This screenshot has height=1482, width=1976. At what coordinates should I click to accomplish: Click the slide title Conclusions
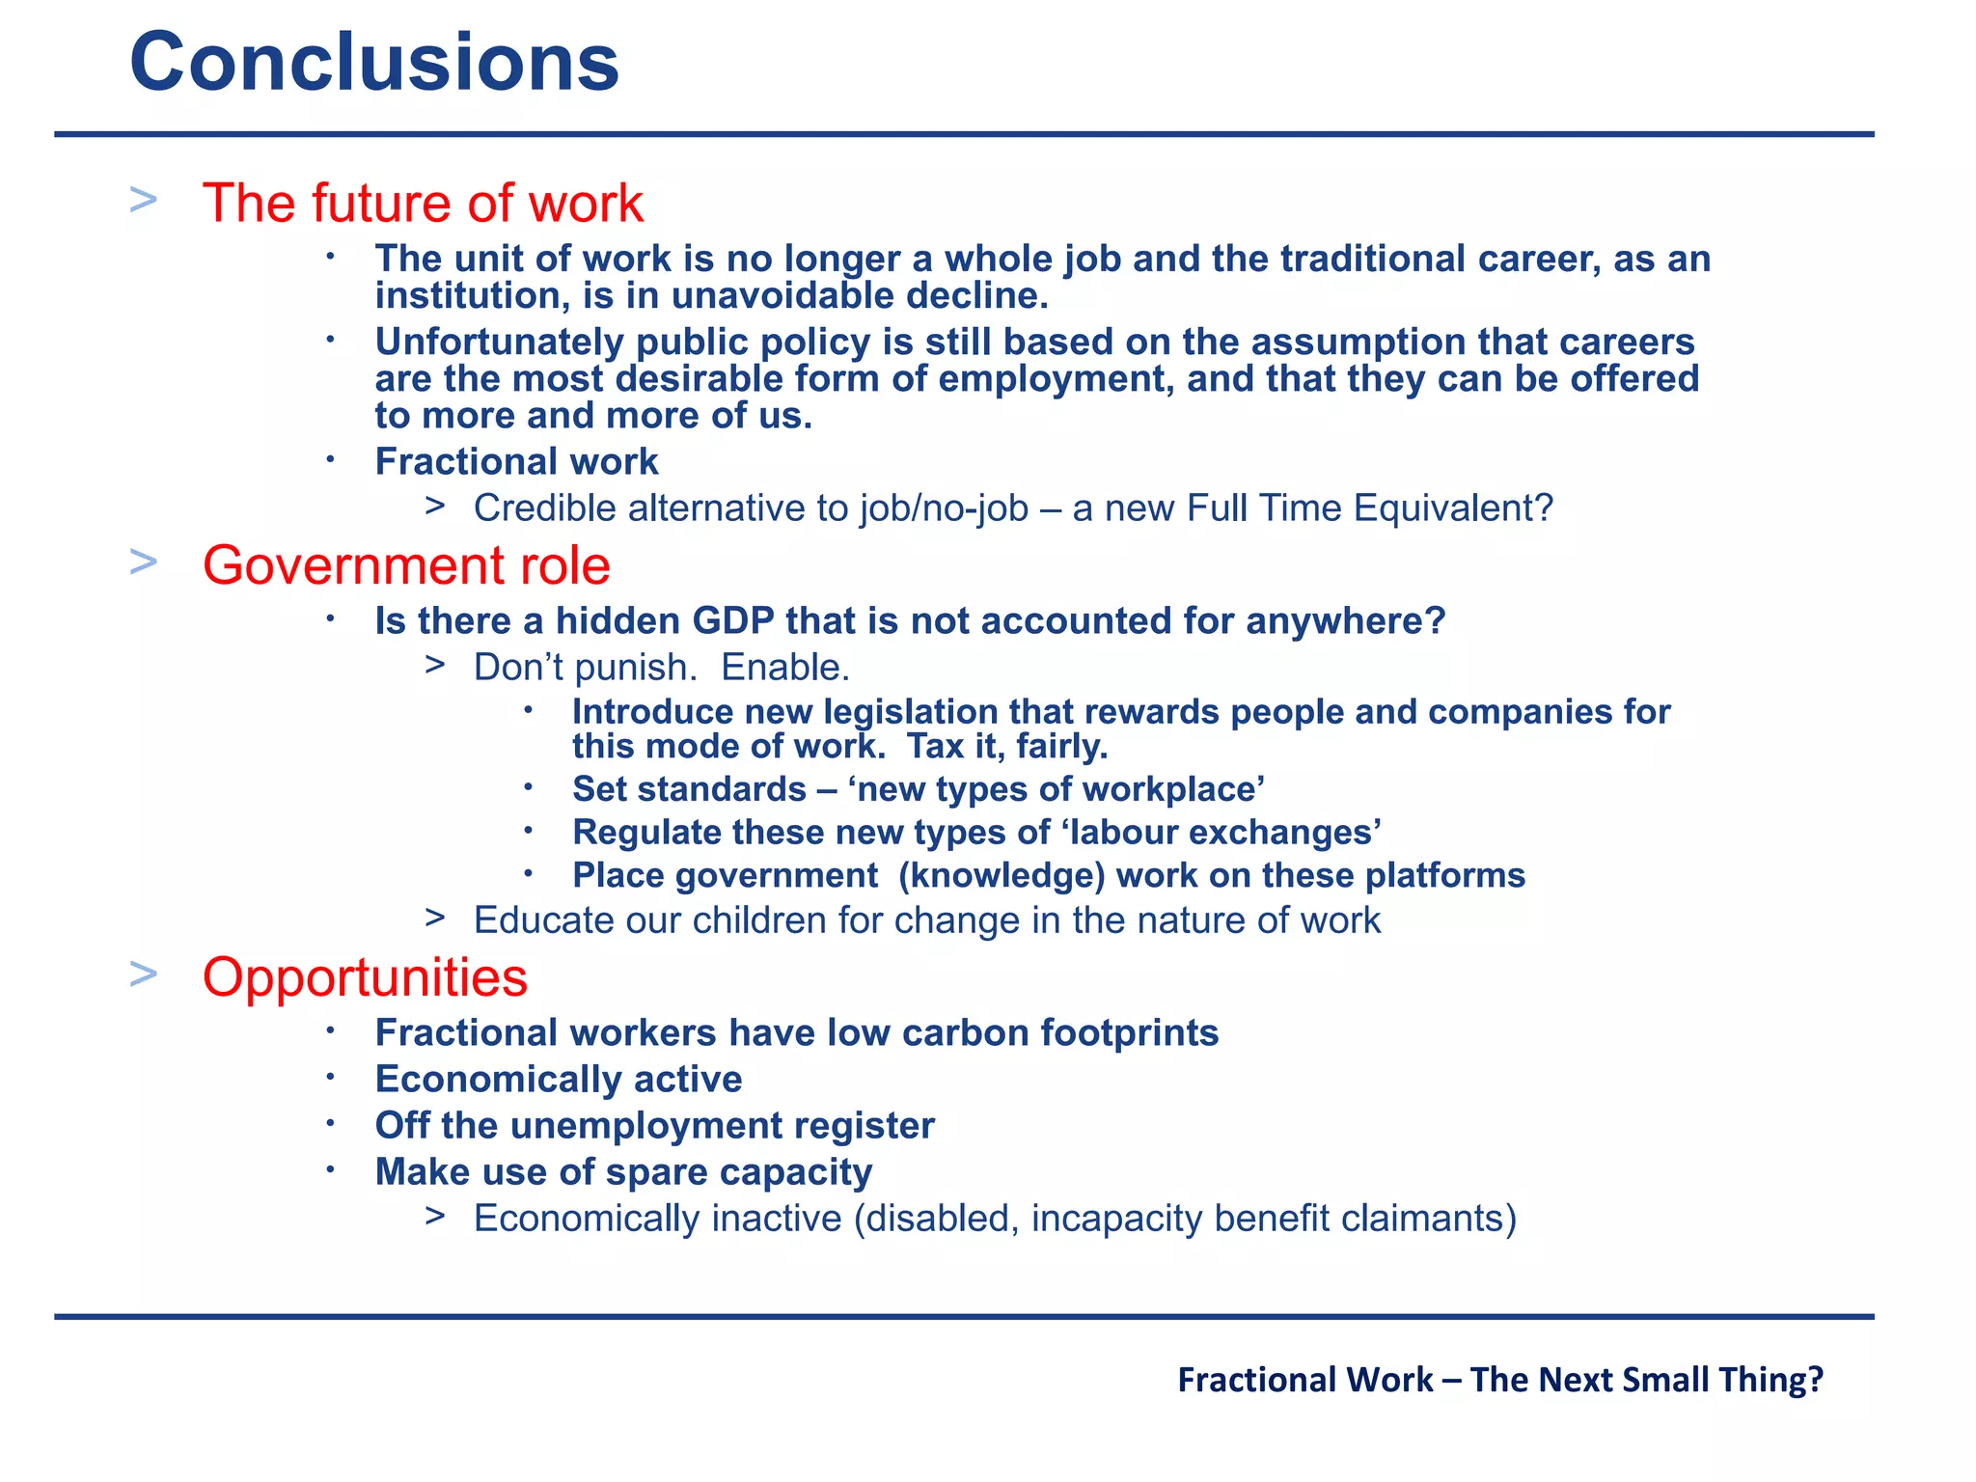(374, 63)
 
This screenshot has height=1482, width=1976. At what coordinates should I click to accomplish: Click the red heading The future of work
(422, 204)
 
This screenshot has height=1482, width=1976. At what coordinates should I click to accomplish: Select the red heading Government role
(405, 565)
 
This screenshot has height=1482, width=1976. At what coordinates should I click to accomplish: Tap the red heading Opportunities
(365, 977)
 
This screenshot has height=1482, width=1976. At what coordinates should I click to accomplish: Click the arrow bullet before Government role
(143, 562)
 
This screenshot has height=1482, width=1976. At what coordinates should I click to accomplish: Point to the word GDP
(733, 621)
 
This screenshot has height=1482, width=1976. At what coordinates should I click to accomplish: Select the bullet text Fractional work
(516, 462)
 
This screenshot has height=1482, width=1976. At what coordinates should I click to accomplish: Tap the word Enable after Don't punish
(784, 668)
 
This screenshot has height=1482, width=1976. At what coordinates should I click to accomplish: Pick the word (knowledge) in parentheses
(1001, 876)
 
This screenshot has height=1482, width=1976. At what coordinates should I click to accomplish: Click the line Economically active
(558, 1080)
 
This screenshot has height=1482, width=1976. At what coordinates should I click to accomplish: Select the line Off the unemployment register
(654, 1126)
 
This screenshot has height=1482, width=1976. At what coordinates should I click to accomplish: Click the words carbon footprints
(1059, 1033)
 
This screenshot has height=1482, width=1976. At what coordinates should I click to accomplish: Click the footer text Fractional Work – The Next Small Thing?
(1499, 1380)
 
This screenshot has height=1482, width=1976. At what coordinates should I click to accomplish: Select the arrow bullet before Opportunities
(143, 974)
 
